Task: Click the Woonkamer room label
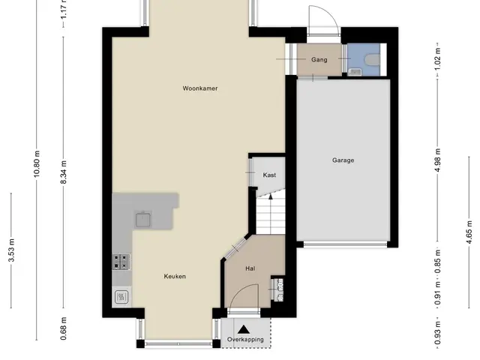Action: click(x=200, y=88)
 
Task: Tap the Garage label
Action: click(x=343, y=160)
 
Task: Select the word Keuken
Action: click(x=175, y=277)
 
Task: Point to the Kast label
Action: click(x=269, y=175)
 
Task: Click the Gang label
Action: click(x=319, y=60)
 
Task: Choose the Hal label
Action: click(x=250, y=268)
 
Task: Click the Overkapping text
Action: click(x=245, y=340)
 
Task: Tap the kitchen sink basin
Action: click(x=143, y=220)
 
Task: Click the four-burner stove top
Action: click(x=121, y=262)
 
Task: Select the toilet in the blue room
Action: click(x=373, y=59)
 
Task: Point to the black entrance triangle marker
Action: click(x=244, y=329)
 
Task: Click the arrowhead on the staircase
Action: click(x=271, y=196)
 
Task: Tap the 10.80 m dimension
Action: click(x=37, y=164)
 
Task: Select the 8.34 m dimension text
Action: click(x=63, y=172)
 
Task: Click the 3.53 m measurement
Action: click(x=11, y=250)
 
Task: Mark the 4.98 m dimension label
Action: click(x=438, y=160)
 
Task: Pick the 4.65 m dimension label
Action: click(x=469, y=232)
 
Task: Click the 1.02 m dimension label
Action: click(x=438, y=58)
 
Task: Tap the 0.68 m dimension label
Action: click(x=63, y=328)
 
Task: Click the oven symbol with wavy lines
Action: click(x=121, y=297)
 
